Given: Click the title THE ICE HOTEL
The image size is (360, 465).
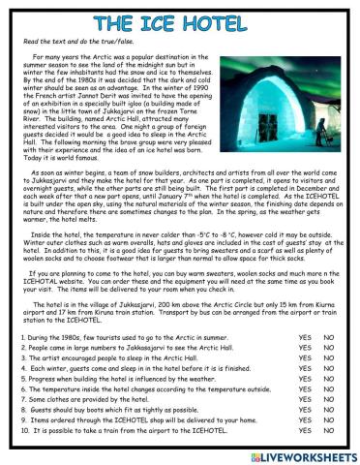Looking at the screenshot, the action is pyautogui.click(x=179, y=23).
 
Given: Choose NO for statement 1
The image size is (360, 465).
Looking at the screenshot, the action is pyautogui.click(x=328, y=336).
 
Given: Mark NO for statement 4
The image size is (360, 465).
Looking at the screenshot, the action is pyautogui.click(x=328, y=367).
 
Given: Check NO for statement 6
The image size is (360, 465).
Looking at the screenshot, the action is pyautogui.click(x=328, y=388).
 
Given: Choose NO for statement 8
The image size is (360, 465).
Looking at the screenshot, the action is pyautogui.click(x=328, y=410).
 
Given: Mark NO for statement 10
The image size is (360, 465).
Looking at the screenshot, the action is pyautogui.click(x=328, y=431).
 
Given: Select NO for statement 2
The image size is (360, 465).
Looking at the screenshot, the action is pyautogui.click(x=328, y=346).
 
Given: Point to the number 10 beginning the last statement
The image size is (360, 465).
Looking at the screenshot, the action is pyautogui.click(x=24, y=431).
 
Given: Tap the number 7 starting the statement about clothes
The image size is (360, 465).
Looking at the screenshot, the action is pyautogui.click(x=22, y=399).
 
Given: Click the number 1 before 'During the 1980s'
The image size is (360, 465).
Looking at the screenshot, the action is pyautogui.click(x=22, y=336).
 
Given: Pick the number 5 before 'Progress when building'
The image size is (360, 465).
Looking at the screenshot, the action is pyautogui.click(x=22, y=378).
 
